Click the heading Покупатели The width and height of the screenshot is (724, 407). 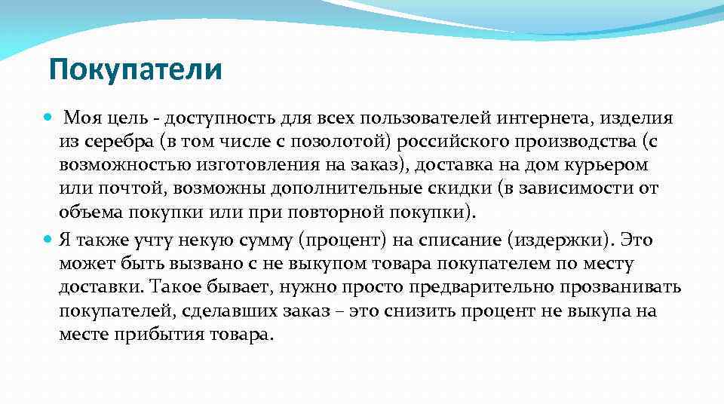(136, 71)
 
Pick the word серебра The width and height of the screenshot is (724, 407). (111, 142)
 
